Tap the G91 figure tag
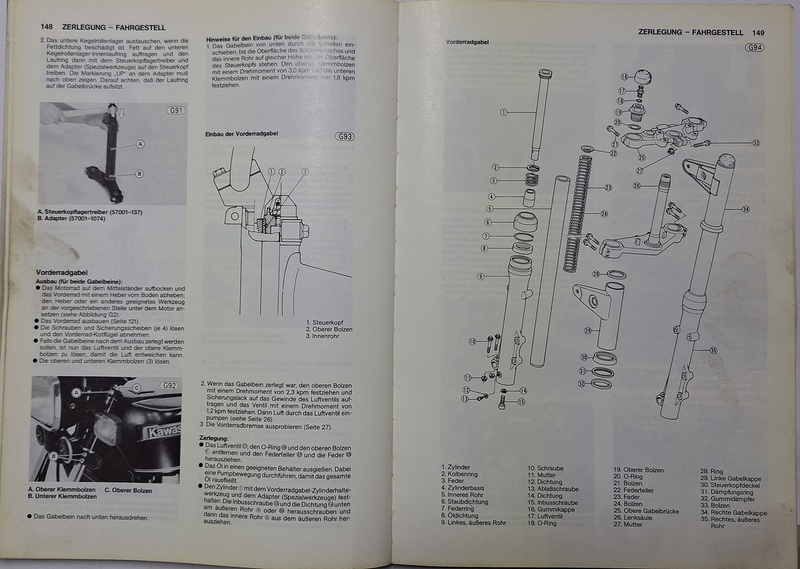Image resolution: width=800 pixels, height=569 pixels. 176,109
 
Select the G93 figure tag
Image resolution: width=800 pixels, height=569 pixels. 345,136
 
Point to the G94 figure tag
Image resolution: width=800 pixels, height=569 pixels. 753,48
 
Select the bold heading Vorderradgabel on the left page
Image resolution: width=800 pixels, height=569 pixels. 63,271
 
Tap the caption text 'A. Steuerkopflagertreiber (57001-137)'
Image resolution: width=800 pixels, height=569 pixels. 87,212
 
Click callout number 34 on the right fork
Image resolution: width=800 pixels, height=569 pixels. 744,209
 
